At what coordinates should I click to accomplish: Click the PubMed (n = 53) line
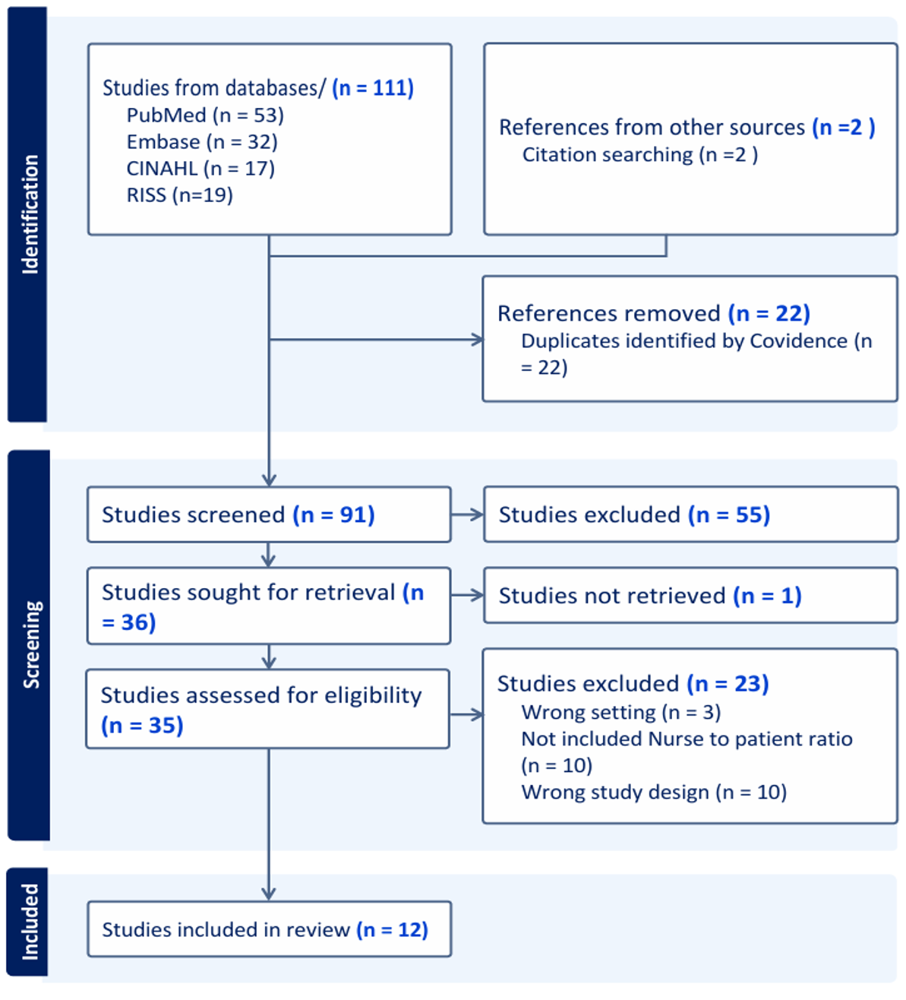coord(205,116)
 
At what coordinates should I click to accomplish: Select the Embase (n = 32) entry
coord(202,142)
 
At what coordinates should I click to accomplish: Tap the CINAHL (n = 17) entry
coord(200,169)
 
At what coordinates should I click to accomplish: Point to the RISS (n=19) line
coord(180,195)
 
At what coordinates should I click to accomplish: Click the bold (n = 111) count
coord(374,88)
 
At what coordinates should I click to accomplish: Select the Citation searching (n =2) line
coord(640,155)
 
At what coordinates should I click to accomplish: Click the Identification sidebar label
coord(30,214)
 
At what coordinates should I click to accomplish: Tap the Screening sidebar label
coord(31,645)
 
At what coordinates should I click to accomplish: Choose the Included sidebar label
coord(30,922)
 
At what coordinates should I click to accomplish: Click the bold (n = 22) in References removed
coord(769,314)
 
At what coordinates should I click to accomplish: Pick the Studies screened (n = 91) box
coord(269,514)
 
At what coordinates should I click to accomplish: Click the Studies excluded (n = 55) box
coord(691,514)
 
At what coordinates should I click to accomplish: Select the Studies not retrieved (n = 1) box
coord(691,595)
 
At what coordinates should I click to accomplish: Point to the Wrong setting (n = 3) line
coord(621,713)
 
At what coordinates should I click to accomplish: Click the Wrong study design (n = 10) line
coord(654,792)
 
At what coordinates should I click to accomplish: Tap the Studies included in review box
coord(270,929)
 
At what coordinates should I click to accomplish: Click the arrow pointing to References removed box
coord(377,340)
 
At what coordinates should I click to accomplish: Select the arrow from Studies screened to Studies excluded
coord(468,514)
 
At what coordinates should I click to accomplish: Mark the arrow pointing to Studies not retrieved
coord(468,595)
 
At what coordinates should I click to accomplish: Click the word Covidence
coord(798,341)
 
